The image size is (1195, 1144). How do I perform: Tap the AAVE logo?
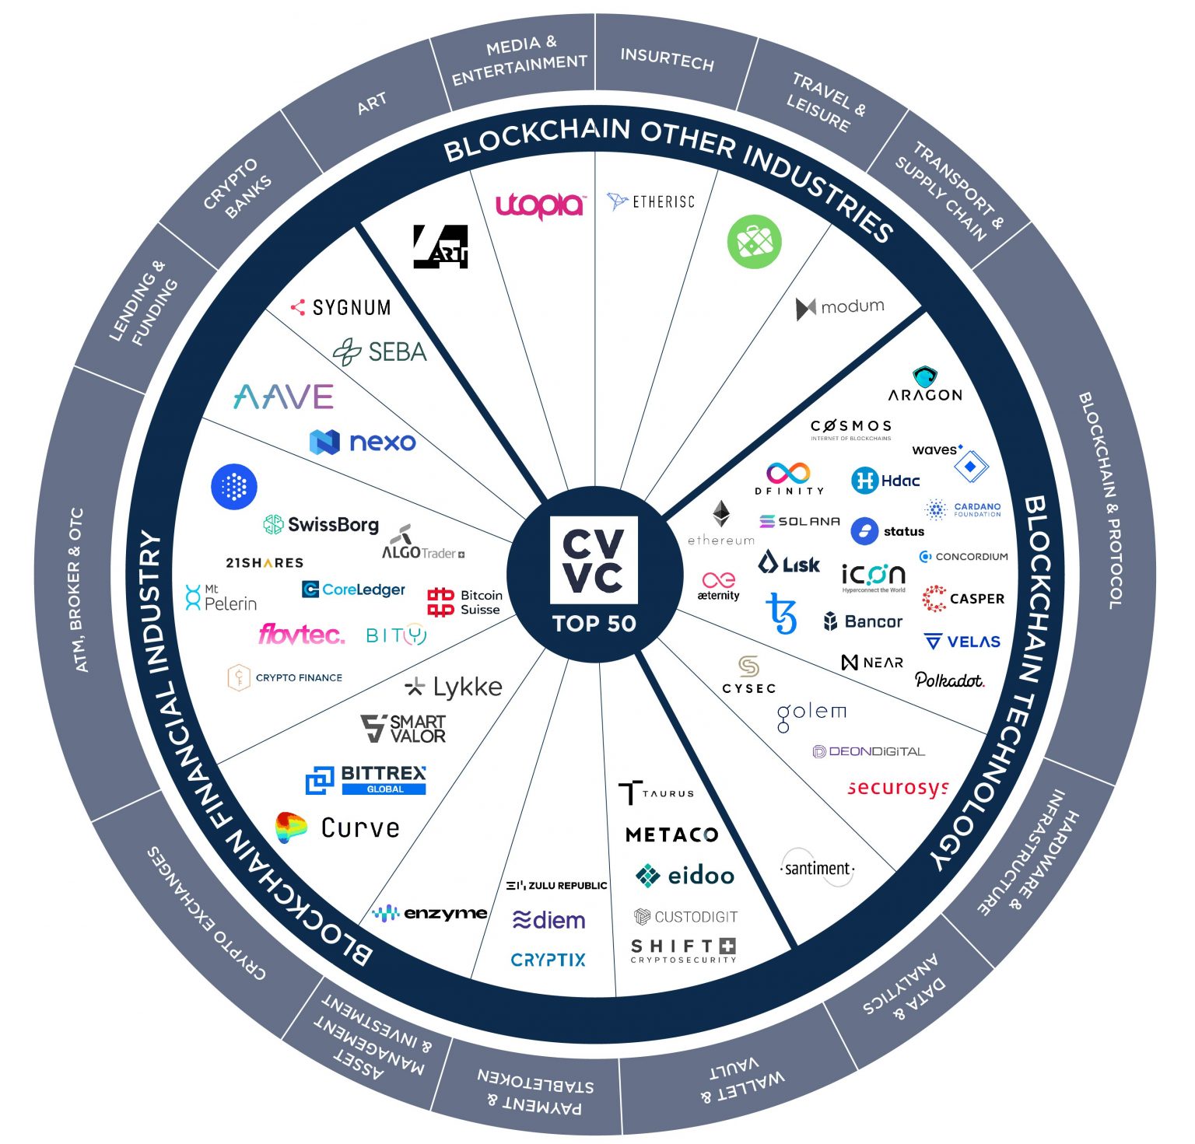pyautogui.click(x=284, y=397)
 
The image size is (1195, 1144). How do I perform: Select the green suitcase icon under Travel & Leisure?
pyautogui.click(x=754, y=242)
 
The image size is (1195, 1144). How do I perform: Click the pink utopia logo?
pyautogui.click(x=540, y=205)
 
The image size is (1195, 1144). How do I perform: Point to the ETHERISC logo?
pyautogui.click(x=650, y=202)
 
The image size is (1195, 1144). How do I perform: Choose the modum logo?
pyautogui.click(x=840, y=307)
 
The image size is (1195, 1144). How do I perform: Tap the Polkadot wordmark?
pyautogui.click(x=949, y=680)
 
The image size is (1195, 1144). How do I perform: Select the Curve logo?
pyautogui.click(x=338, y=828)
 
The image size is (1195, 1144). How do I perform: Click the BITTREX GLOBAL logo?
pyautogui.click(x=366, y=779)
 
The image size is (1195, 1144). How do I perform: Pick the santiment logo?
pyautogui.click(x=817, y=868)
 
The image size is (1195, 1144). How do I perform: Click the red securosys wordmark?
pyautogui.click(x=898, y=788)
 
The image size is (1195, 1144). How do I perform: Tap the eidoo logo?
pyautogui.click(x=685, y=876)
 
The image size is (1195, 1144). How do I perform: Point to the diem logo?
pyautogui.click(x=549, y=921)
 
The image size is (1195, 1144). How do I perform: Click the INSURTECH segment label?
pyautogui.click(x=667, y=59)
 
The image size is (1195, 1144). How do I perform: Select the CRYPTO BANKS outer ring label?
pyautogui.click(x=237, y=188)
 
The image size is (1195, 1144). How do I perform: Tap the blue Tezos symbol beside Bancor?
pyautogui.click(x=782, y=614)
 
